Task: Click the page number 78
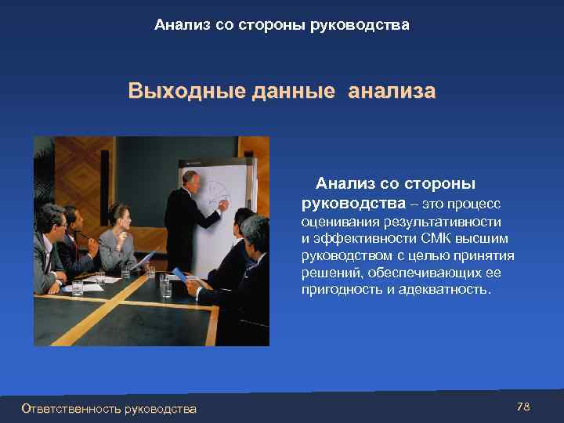point(523,407)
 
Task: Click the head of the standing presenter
point(190,179)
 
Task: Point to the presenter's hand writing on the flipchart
point(222,206)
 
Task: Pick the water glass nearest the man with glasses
point(78,285)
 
